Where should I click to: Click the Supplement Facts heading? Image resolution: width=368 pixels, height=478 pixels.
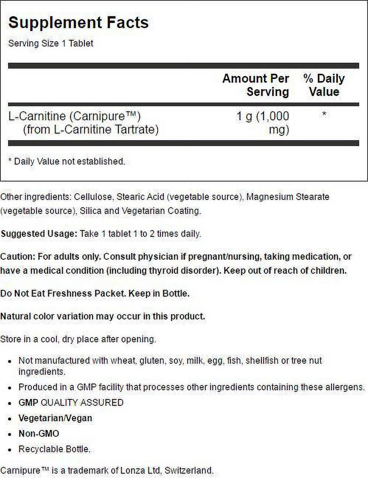click(78, 23)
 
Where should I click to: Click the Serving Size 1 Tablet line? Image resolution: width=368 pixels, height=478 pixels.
click(51, 44)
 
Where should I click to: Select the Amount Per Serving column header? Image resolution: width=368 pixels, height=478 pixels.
click(256, 85)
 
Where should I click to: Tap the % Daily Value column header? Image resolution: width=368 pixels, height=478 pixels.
click(324, 85)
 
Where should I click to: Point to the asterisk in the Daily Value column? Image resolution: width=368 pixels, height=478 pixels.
click(324, 114)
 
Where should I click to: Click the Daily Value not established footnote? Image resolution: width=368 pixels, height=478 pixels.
click(67, 162)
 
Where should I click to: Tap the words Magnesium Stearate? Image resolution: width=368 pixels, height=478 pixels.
click(288, 197)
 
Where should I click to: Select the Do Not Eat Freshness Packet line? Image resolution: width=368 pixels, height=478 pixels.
click(95, 294)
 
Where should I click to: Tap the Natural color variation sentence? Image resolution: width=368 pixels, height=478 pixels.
click(103, 316)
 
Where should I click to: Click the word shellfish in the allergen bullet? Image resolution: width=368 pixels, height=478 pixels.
click(262, 360)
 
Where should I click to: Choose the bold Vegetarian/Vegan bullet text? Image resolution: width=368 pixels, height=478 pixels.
click(55, 418)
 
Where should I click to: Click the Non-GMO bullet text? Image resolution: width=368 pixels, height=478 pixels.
click(39, 434)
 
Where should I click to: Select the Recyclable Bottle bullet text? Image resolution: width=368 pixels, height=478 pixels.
click(54, 449)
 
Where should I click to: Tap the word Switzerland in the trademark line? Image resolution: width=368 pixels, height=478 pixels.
click(188, 471)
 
